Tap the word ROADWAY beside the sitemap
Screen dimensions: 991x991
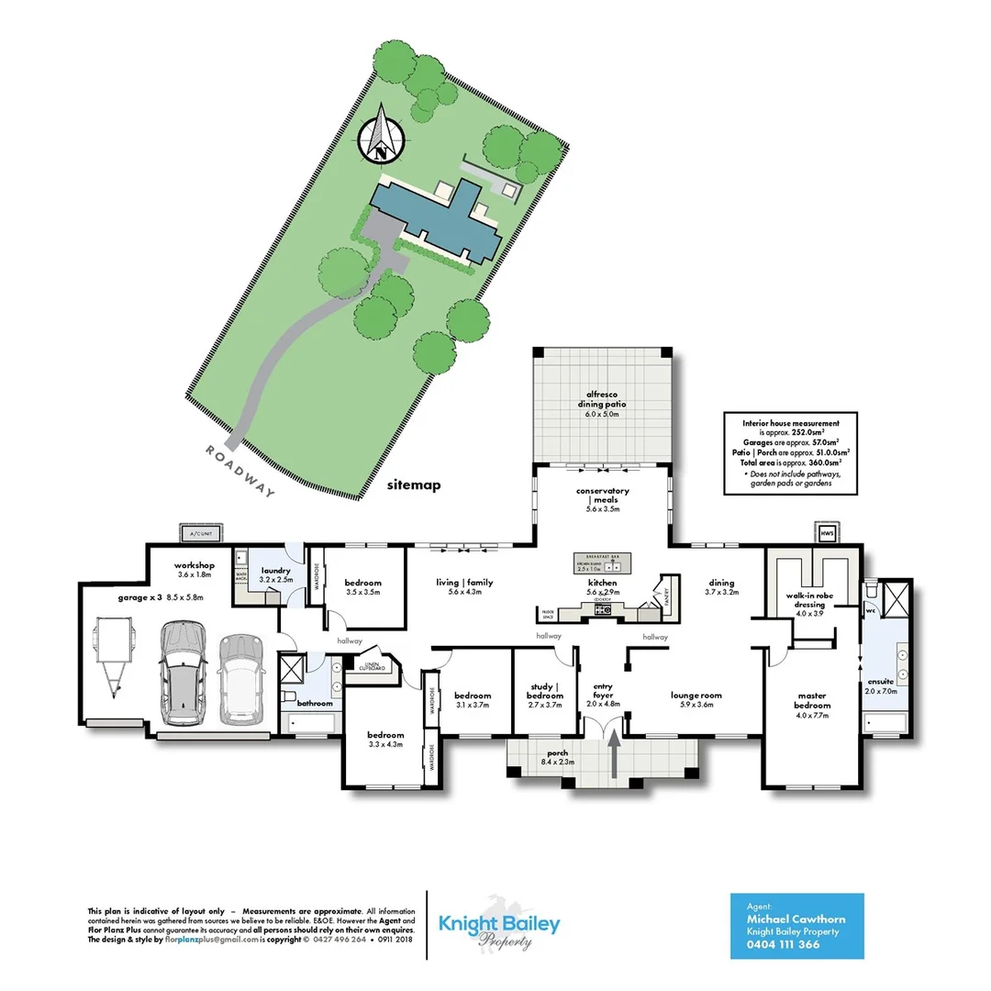(x=240, y=471)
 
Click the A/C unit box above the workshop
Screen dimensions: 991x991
(x=199, y=532)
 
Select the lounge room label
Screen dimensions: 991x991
(x=696, y=696)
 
